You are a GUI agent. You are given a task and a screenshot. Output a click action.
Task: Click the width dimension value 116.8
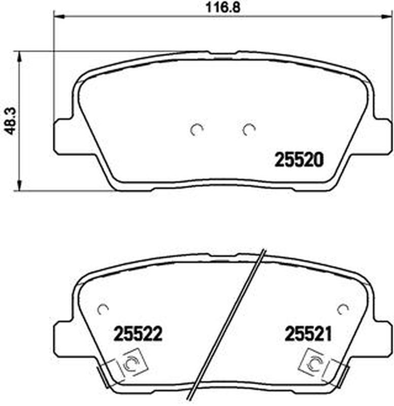click(223, 7)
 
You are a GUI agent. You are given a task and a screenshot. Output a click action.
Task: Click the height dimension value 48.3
click(11, 121)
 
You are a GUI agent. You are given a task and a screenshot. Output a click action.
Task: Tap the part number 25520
click(299, 160)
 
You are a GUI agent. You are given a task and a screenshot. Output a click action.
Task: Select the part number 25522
click(138, 333)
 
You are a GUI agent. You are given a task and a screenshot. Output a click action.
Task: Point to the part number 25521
click(309, 333)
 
